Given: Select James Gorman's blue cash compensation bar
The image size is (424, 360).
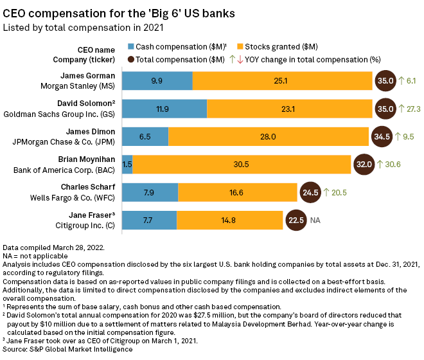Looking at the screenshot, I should (157, 80).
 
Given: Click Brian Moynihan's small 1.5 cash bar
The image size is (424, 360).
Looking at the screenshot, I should (127, 165).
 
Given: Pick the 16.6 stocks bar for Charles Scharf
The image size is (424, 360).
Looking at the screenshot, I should (238, 192).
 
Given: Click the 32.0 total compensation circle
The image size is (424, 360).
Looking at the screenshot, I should (364, 165).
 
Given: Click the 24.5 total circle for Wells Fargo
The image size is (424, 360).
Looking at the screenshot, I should (311, 192).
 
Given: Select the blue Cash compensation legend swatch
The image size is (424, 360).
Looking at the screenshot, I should (131, 46).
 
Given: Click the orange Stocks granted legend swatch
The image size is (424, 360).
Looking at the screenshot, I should (242, 46).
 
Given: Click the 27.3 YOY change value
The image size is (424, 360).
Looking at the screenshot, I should (414, 109).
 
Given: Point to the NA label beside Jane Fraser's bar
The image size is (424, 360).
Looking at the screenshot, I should (315, 221).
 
